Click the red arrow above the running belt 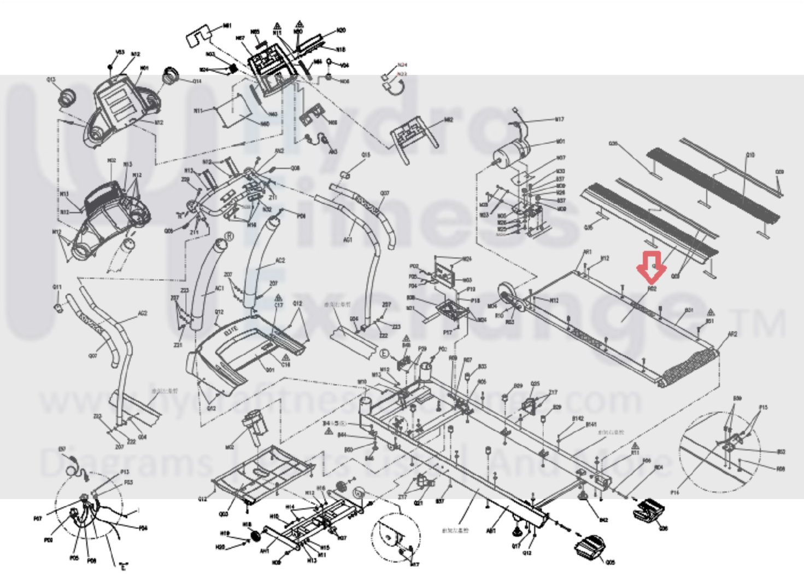(651, 267)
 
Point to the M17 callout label (559, 119)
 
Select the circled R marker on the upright (229, 236)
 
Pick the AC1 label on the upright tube (219, 288)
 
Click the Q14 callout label (197, 82)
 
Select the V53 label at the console (120, 53)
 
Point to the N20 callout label (341, 31)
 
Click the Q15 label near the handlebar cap (366, 155)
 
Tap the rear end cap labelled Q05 (590, 546)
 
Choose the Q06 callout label (664, 529)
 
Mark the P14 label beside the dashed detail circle (675, 492)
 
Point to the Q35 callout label (613, 144)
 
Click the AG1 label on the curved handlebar (348, 239)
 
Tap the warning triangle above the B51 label (711, 312)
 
